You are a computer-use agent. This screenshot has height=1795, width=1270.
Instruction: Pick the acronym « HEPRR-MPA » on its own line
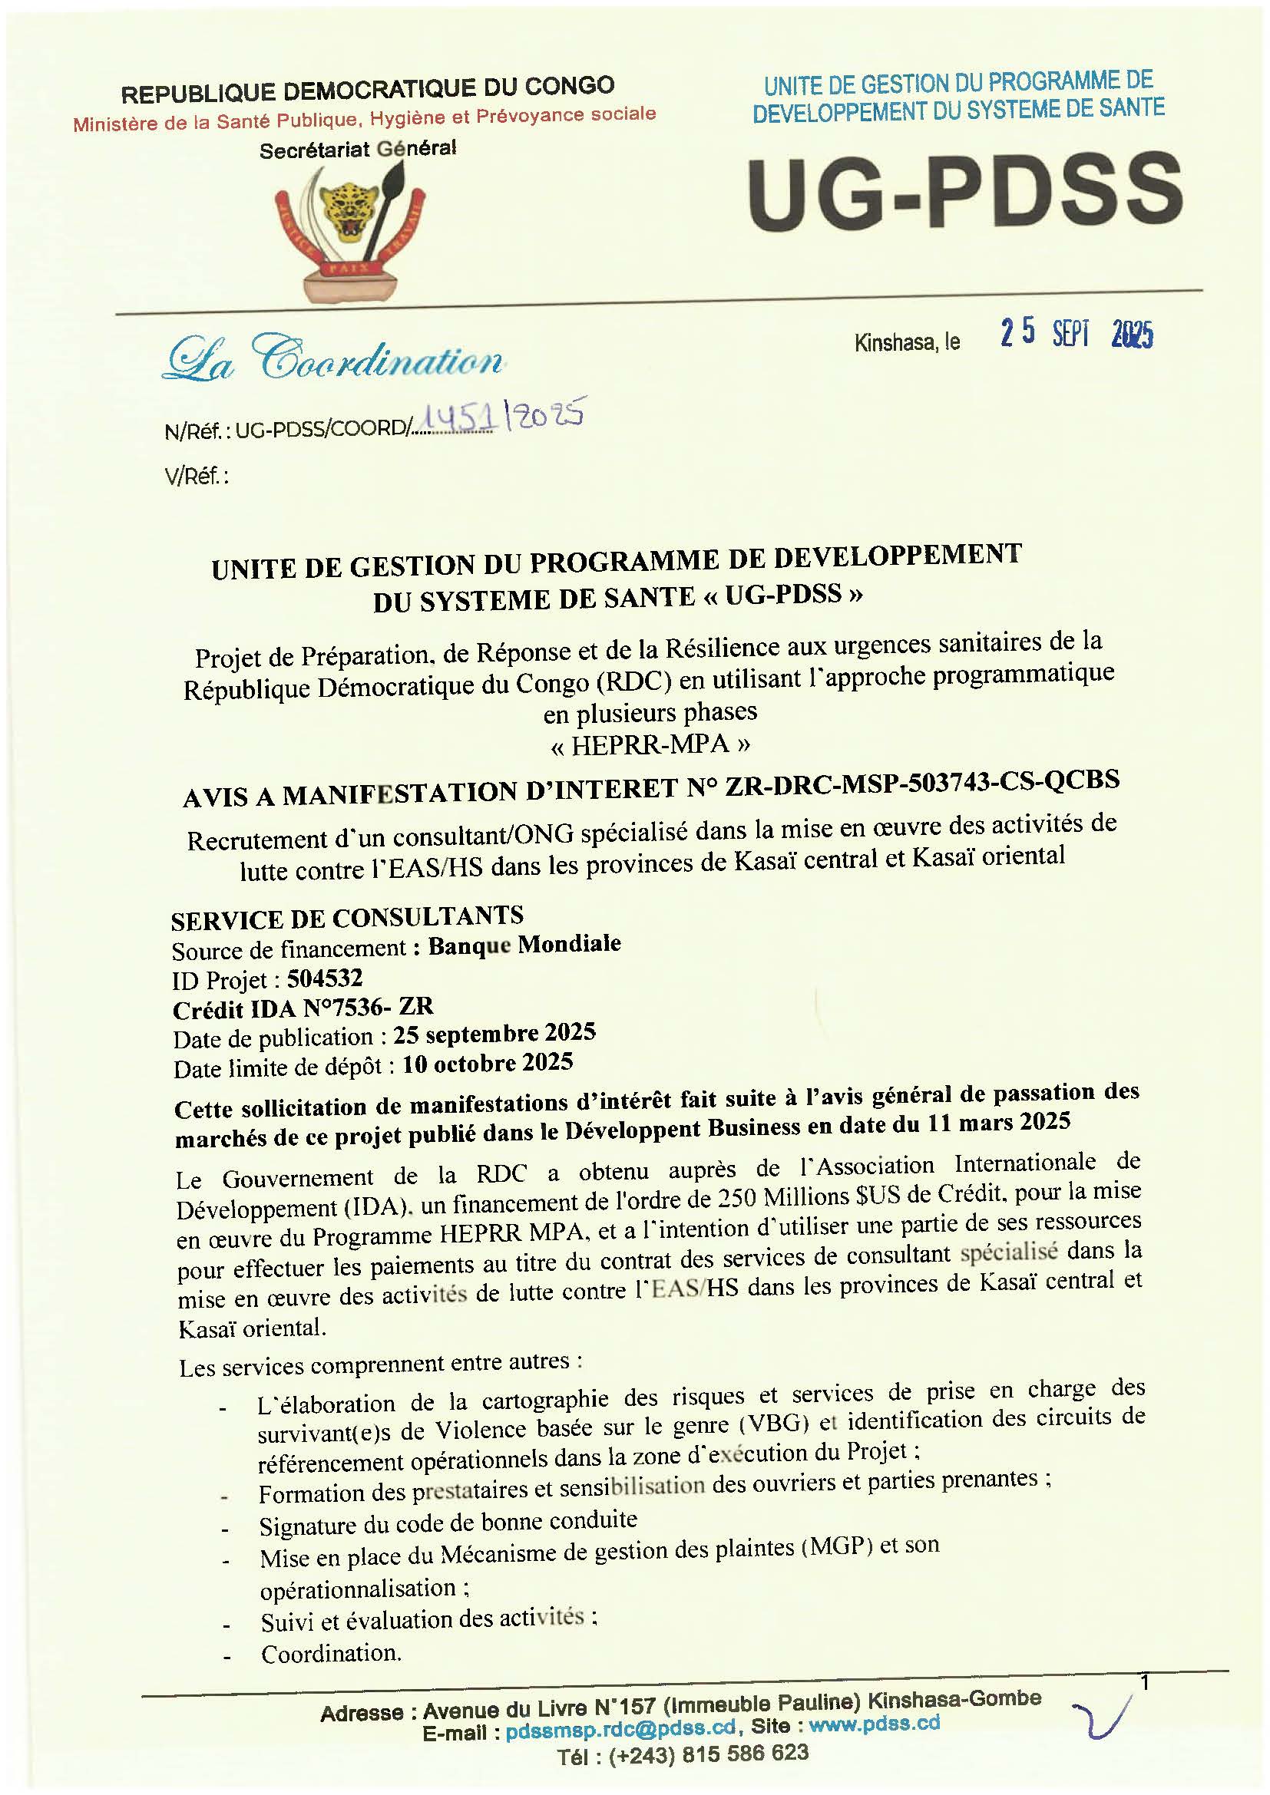650,744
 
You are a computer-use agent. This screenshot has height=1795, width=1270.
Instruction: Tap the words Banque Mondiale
524,945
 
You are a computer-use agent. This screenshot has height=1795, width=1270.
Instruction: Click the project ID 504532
325,977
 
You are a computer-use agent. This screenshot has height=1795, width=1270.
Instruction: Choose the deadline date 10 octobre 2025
488,1063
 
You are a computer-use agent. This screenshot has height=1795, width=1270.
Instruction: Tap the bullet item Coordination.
332,1654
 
